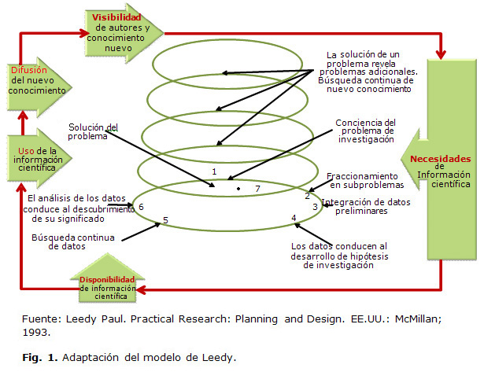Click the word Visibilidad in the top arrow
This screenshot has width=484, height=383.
click(x=116, y=16)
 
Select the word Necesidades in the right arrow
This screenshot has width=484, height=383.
click(x=444, y=158)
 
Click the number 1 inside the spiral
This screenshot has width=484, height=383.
click(x=214, y=171)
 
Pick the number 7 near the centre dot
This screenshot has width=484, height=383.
click(x=257, y=189)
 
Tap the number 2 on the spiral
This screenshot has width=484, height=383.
click(x=308, y=195)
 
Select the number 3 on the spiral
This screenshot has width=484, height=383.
click(x=315, y=207)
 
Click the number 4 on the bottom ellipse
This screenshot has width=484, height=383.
click(x=294, y=218)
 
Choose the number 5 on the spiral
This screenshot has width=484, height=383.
click(x=164, y=220)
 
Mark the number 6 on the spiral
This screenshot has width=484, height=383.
click(x=140, y=207)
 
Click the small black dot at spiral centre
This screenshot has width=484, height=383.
click(x=238, y=190)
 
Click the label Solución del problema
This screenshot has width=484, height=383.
click(x=92, y=131)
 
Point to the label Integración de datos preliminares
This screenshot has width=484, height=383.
click(x=365, y=207)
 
